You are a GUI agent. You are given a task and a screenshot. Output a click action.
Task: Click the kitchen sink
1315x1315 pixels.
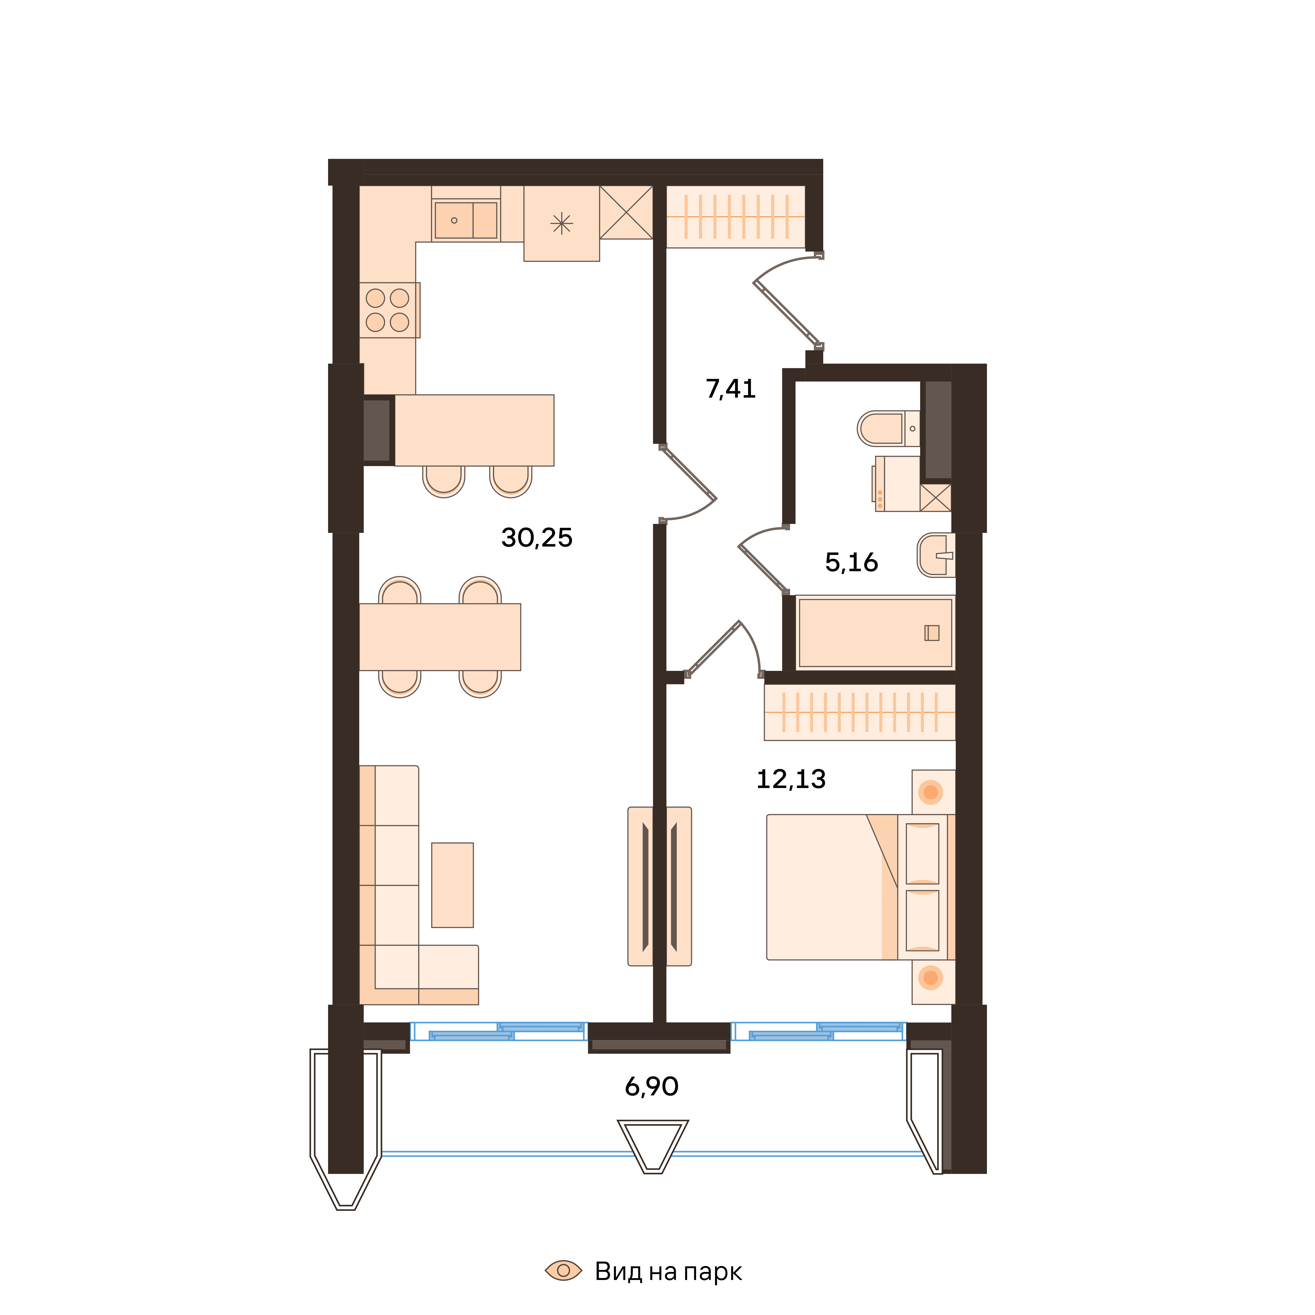466,220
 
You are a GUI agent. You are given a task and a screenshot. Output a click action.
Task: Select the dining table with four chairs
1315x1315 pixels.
440,637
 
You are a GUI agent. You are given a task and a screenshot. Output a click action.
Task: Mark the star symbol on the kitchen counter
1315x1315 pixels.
562,223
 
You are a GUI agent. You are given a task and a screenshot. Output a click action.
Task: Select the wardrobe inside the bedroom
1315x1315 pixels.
860,712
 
